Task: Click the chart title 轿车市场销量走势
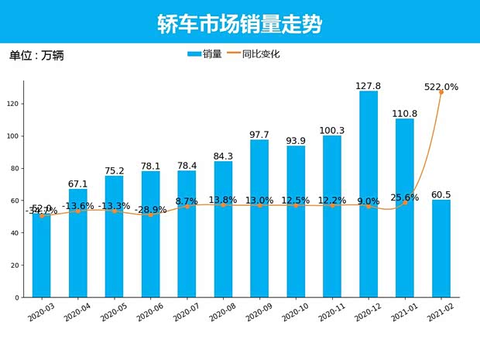(240, 23)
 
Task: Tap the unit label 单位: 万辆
(36, 55)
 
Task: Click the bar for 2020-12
(369, 194)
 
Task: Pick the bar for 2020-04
(77, 243)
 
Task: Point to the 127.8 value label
(369, 86)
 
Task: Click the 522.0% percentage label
(441, 87)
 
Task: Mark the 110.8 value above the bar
(405, 113)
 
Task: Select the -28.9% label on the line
(150, 210)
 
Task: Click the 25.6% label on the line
(405, 197)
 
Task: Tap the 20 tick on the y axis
(15, 266)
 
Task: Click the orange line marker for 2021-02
(441, 92)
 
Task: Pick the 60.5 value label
(441, 194)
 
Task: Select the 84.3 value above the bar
(223, 156)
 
